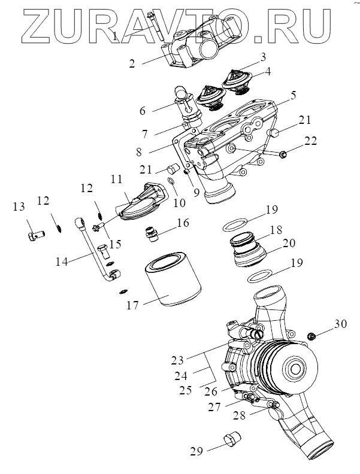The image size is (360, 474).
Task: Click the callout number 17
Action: [x=132, y=305]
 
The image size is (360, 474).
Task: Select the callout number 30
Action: [x=340, y=324]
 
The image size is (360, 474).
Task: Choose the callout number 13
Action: [x=19, y=207]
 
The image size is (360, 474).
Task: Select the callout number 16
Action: [x=183, y=223]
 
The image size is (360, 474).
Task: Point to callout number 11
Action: [x=116, y=179]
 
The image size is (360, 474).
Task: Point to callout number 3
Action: [x=261, y=57]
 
